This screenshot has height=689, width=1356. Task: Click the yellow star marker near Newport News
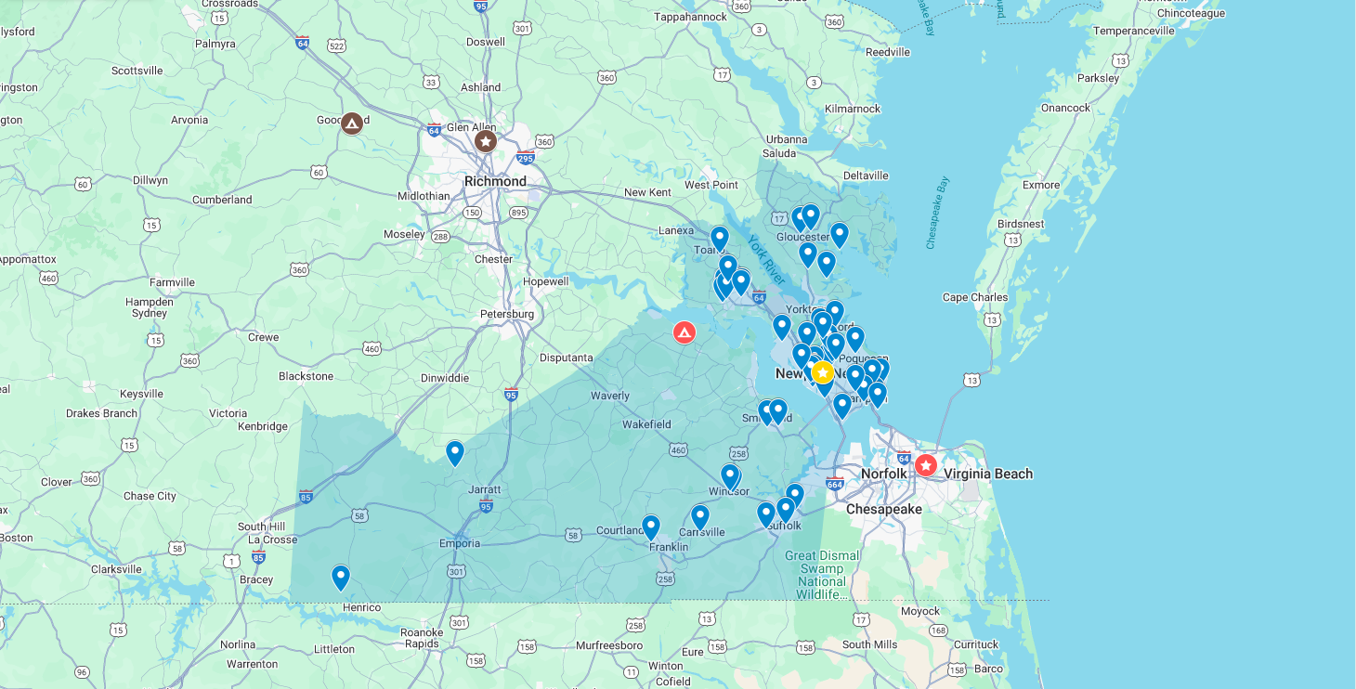point(822,372)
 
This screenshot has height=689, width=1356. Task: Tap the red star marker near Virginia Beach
point(926,464)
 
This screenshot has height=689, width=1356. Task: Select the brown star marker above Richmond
point(485,141)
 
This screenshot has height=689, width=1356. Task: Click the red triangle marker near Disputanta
point(685,331)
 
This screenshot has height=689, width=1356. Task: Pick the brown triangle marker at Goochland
point(352,123)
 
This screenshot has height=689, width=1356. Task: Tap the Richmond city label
point(495,181)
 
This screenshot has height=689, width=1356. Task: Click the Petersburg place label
point(507,314)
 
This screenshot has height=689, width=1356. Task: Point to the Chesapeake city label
point(883,509)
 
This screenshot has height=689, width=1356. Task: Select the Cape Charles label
point(974,297)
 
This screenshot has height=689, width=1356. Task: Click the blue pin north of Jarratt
point(454,452)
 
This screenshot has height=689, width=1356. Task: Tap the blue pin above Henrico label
point(341,577)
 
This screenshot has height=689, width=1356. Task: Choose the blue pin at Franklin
point(651,526)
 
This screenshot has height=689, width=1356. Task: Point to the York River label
point(767,259)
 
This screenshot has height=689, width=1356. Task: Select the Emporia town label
point(460,543)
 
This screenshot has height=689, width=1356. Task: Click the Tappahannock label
point(690,17)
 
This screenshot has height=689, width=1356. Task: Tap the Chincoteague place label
point(1192,13)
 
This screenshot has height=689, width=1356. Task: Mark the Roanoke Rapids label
point(422,638)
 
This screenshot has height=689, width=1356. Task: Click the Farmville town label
point(172,282)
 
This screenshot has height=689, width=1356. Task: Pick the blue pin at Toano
point(719,238)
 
